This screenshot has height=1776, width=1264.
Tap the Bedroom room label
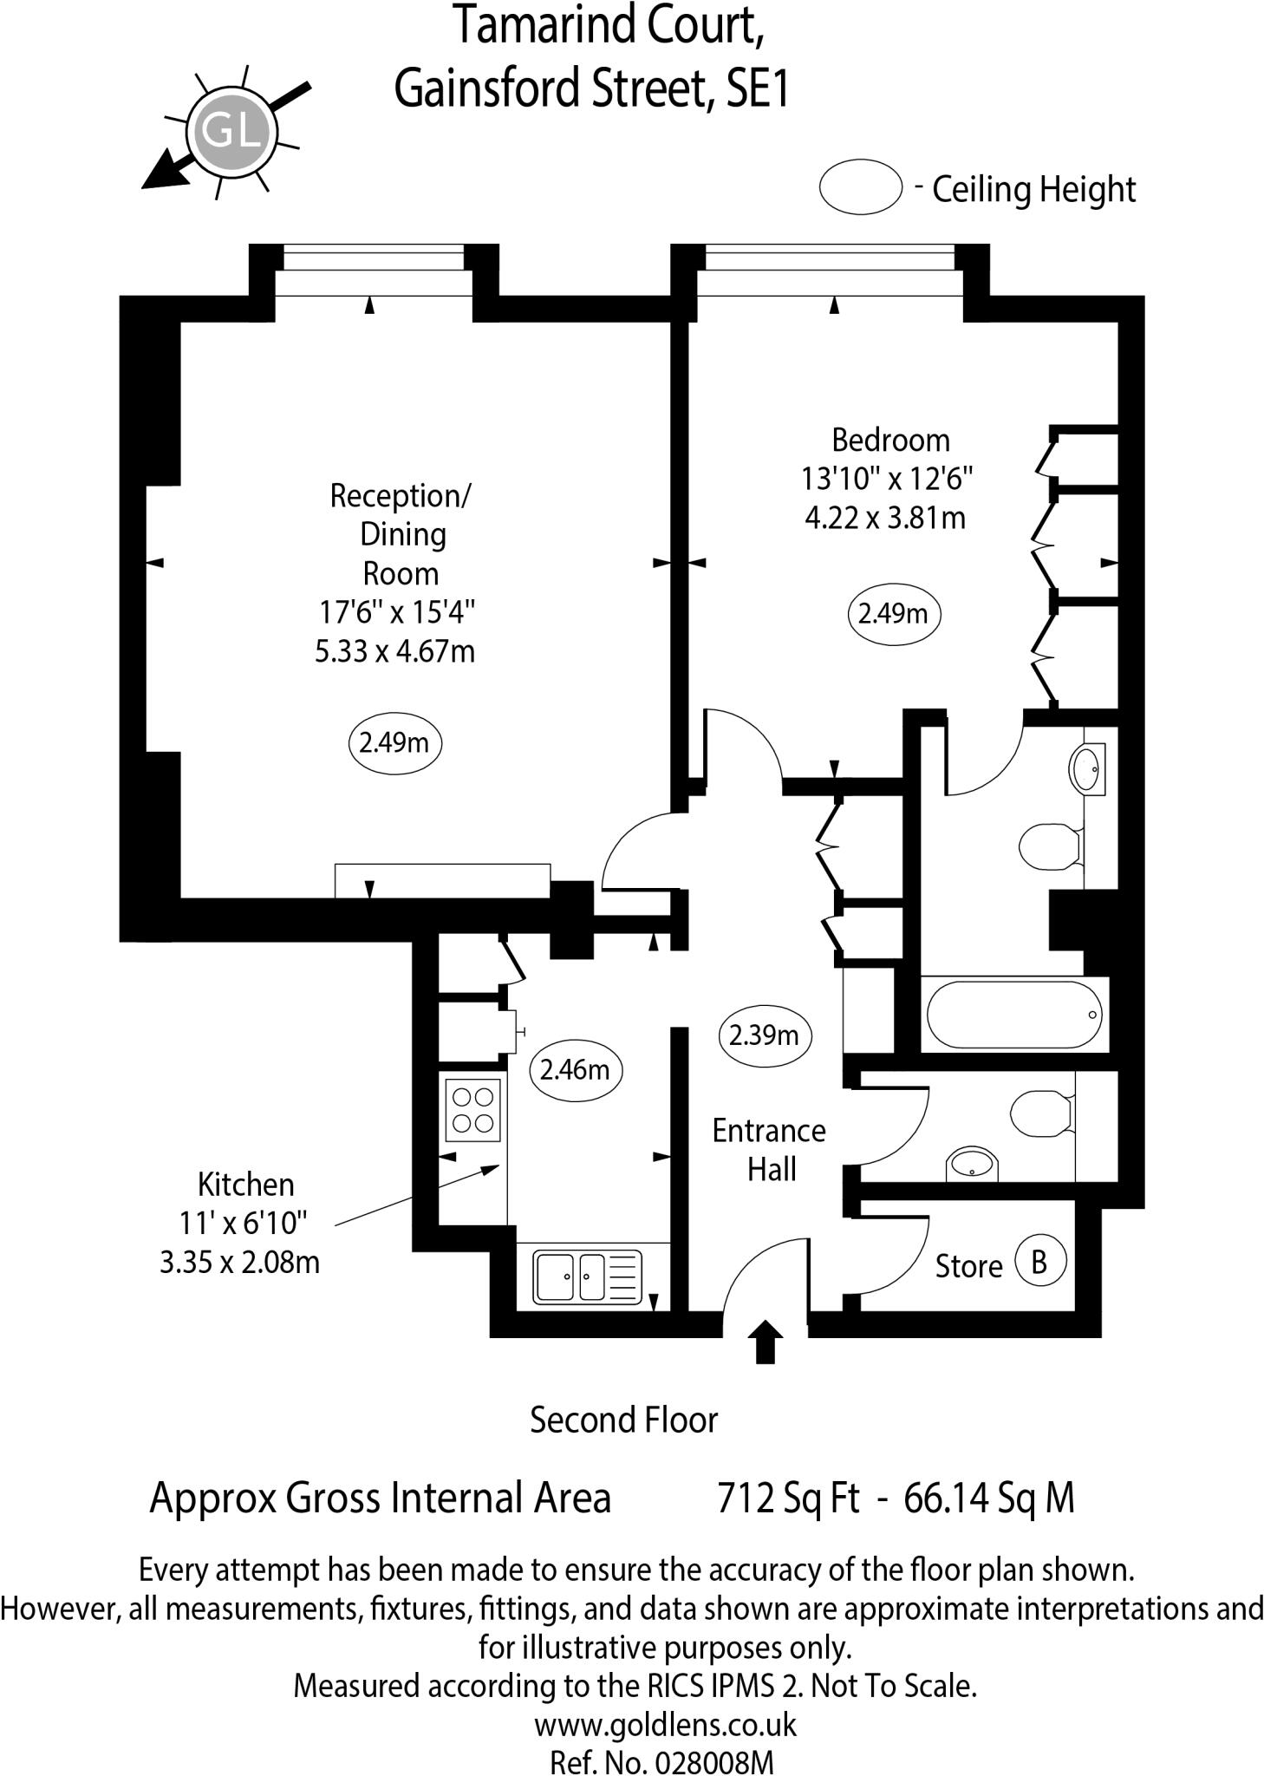890,440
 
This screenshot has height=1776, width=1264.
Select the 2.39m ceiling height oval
764,1035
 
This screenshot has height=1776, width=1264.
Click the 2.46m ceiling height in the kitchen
575,1069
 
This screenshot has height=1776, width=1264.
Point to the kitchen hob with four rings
473,1109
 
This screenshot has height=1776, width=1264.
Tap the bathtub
1013,1015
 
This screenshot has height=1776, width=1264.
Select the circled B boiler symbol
1039,1261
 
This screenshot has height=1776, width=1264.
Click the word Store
968,1267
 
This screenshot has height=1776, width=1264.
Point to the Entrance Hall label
769,1150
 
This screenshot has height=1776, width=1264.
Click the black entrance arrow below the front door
765,1342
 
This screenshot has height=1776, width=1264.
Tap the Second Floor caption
624,1420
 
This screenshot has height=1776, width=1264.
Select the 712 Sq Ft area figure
788,1498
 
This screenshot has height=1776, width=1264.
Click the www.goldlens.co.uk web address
665,1725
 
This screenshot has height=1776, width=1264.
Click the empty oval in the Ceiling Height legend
861,186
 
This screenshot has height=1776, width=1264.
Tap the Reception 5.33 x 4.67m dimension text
394,650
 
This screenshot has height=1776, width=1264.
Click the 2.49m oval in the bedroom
893,614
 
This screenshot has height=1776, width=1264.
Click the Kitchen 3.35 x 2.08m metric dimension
239,1262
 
